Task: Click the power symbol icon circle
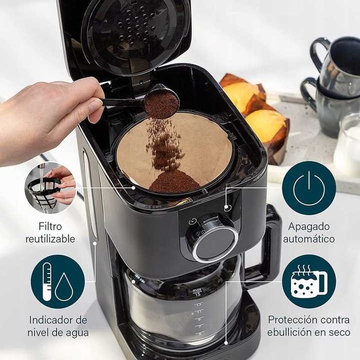[x=309, y=188]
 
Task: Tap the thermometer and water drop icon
[x=58, y=282]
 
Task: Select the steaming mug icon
[x=309, y=281]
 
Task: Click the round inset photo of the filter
[x=50, y=188]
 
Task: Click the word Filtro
[x=50, y=226]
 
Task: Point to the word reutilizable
[x=50, y=239]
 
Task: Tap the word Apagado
[x=309, y=227]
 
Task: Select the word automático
[x=309, y=239]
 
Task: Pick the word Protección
[x=287, y=320]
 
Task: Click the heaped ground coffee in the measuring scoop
[x=162, y=105]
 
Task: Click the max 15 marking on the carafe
[x=197, y=292]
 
